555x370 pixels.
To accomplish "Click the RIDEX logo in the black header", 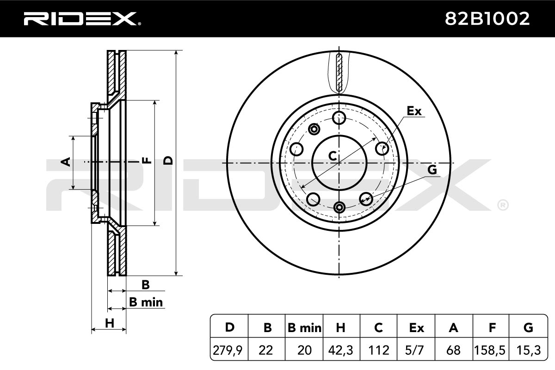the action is [x=82, y=19].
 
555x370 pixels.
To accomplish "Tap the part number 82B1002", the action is [x=487, y=19].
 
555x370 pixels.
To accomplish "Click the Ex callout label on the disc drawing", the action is [x=414, y=111].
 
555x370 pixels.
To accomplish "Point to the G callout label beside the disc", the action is [x=432, y=170].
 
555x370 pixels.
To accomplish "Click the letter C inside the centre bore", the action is [x=333, y=156].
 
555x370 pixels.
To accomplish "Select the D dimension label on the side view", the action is [x=168, y=160].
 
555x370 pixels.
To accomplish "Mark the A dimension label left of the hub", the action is [x=66, y=162].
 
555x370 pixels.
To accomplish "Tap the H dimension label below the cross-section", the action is [x=110, y=323].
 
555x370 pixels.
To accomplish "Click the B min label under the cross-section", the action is [x=146, y=302].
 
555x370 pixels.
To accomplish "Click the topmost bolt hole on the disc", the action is [x=339, y=117].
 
